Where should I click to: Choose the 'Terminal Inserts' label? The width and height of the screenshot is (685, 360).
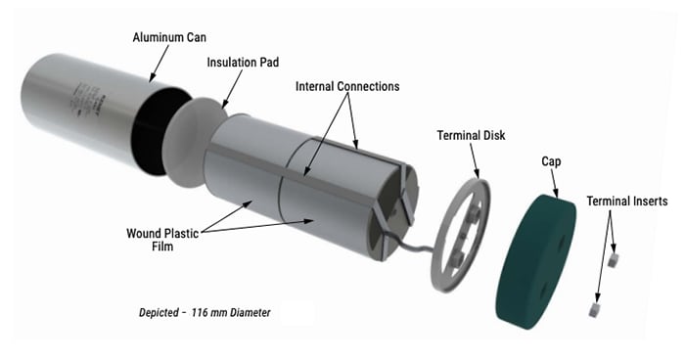coord(627,201)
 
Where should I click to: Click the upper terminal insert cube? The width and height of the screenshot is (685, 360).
coord(614,260)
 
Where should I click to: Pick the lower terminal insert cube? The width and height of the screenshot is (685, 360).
coord(593,309)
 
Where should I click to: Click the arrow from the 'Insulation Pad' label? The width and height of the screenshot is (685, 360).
coord(226,89)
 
